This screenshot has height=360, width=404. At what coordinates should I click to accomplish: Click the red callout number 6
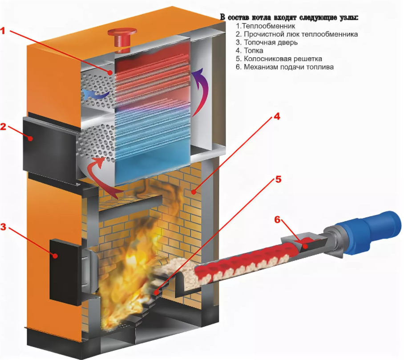tap(277, 220)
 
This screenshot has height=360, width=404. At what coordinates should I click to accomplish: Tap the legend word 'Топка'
tap(253, 50)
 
